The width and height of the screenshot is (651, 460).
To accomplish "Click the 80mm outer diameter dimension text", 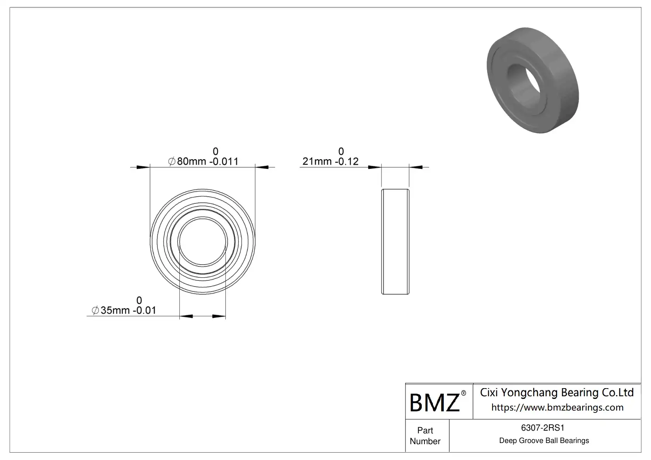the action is (x=203, y=161).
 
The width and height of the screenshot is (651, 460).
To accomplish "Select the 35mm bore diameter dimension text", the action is (x=124, y=310).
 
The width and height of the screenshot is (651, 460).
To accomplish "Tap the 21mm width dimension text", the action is (x=331, y=161).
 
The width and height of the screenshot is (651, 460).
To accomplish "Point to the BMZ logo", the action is (x=435, y=402).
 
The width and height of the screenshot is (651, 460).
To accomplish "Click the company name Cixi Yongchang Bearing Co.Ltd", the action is (x=557, y=393).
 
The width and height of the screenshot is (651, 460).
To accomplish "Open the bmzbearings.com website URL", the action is (x=557, y=407).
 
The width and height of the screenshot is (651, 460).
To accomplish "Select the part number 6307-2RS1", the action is (x=543, y=428).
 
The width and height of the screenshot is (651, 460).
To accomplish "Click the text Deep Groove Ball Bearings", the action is (x=544, y=441).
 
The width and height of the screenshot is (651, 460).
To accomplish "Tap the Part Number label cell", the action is (x=425, y=436).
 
